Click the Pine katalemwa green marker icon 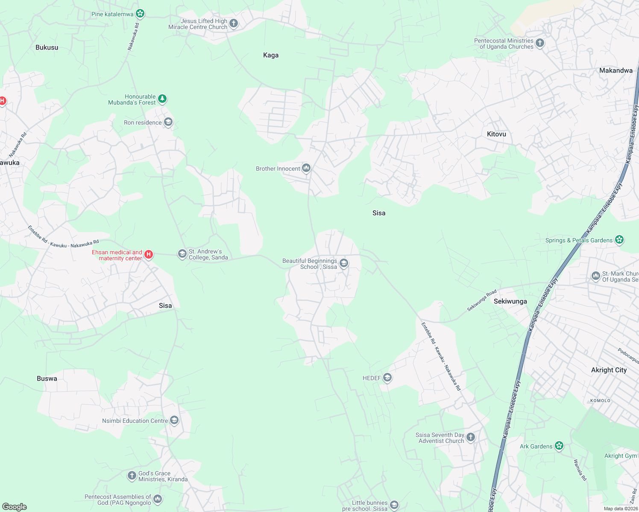click(140, 14)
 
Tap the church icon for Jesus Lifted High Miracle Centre click(234, 23)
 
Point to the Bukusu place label click(47, 47)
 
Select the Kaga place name click(271, 55)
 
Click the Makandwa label click(616, 70)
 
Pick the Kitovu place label click(496, 134)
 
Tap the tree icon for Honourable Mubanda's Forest click(162, 99)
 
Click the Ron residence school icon click(168, 122)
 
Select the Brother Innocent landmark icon click(306, 168)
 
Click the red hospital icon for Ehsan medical click(149, 255)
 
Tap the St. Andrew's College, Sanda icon click(182, 254)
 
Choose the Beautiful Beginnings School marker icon click(344, 263)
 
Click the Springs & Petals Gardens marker click(619, 240)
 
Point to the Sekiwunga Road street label click(481, 300)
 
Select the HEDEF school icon click(387, 378)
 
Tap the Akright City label click(609, 370)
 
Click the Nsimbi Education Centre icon click(174, 421)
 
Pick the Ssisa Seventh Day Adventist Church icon click(471, 437)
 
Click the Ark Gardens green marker click(559, 446)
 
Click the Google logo click(15, 507)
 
